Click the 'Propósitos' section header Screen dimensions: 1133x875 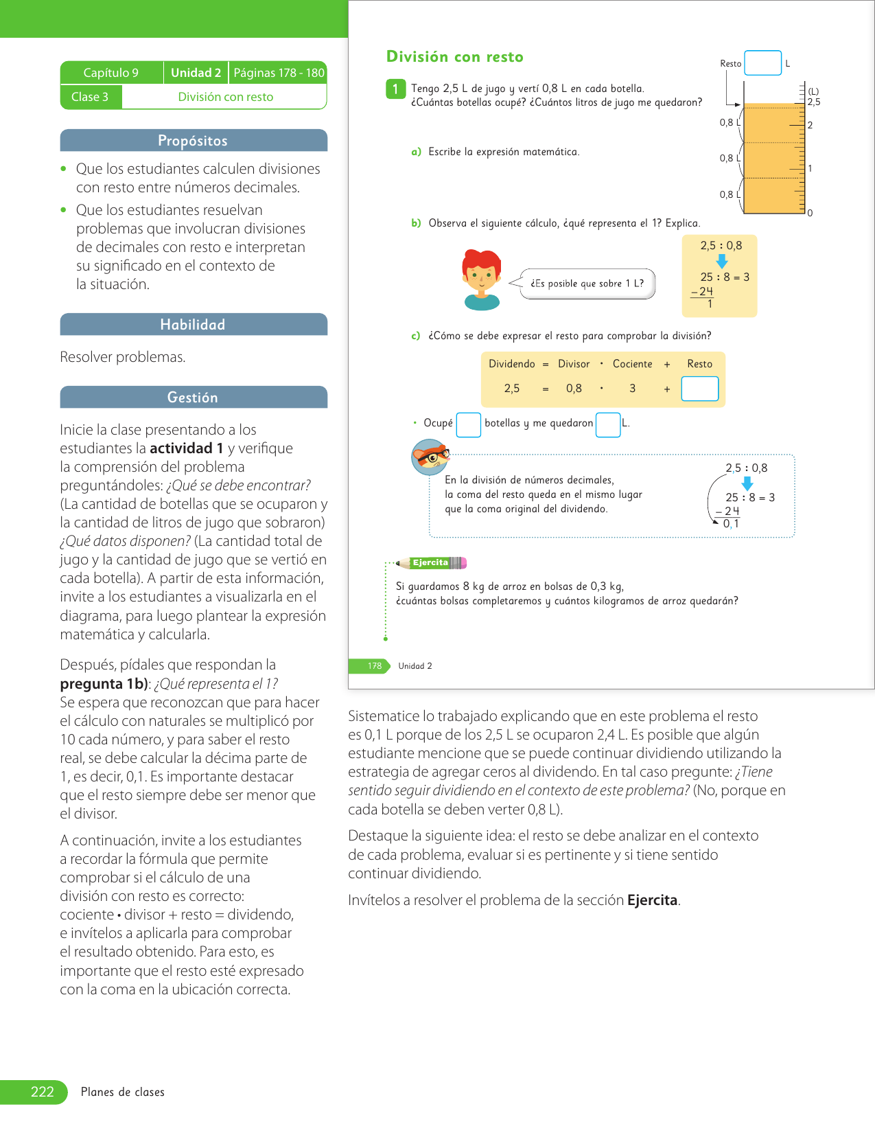(193, 141)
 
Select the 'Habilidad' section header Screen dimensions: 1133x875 (193, 325)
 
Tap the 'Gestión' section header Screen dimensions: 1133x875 (193, 398)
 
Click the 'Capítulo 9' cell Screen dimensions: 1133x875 (111, 73)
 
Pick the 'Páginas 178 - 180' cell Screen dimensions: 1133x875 (279, 73)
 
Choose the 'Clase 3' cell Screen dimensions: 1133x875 (90, 97)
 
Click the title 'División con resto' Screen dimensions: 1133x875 (454, 57)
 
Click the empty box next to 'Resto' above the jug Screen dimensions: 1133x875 (762, 63)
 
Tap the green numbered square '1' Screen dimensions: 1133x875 (395, 89)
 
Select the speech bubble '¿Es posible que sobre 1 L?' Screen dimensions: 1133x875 (587, 284)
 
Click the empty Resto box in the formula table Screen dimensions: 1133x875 (699, 389)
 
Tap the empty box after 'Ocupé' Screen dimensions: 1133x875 (468, 424)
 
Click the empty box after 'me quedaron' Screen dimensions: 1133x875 (608, 424)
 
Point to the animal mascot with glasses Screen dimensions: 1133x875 (430, 457)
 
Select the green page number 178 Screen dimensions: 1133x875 (374, 666)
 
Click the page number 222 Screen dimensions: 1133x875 (42, 1092)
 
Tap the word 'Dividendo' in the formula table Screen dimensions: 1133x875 (511, 364)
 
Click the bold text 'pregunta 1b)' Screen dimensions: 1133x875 (104, 684)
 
